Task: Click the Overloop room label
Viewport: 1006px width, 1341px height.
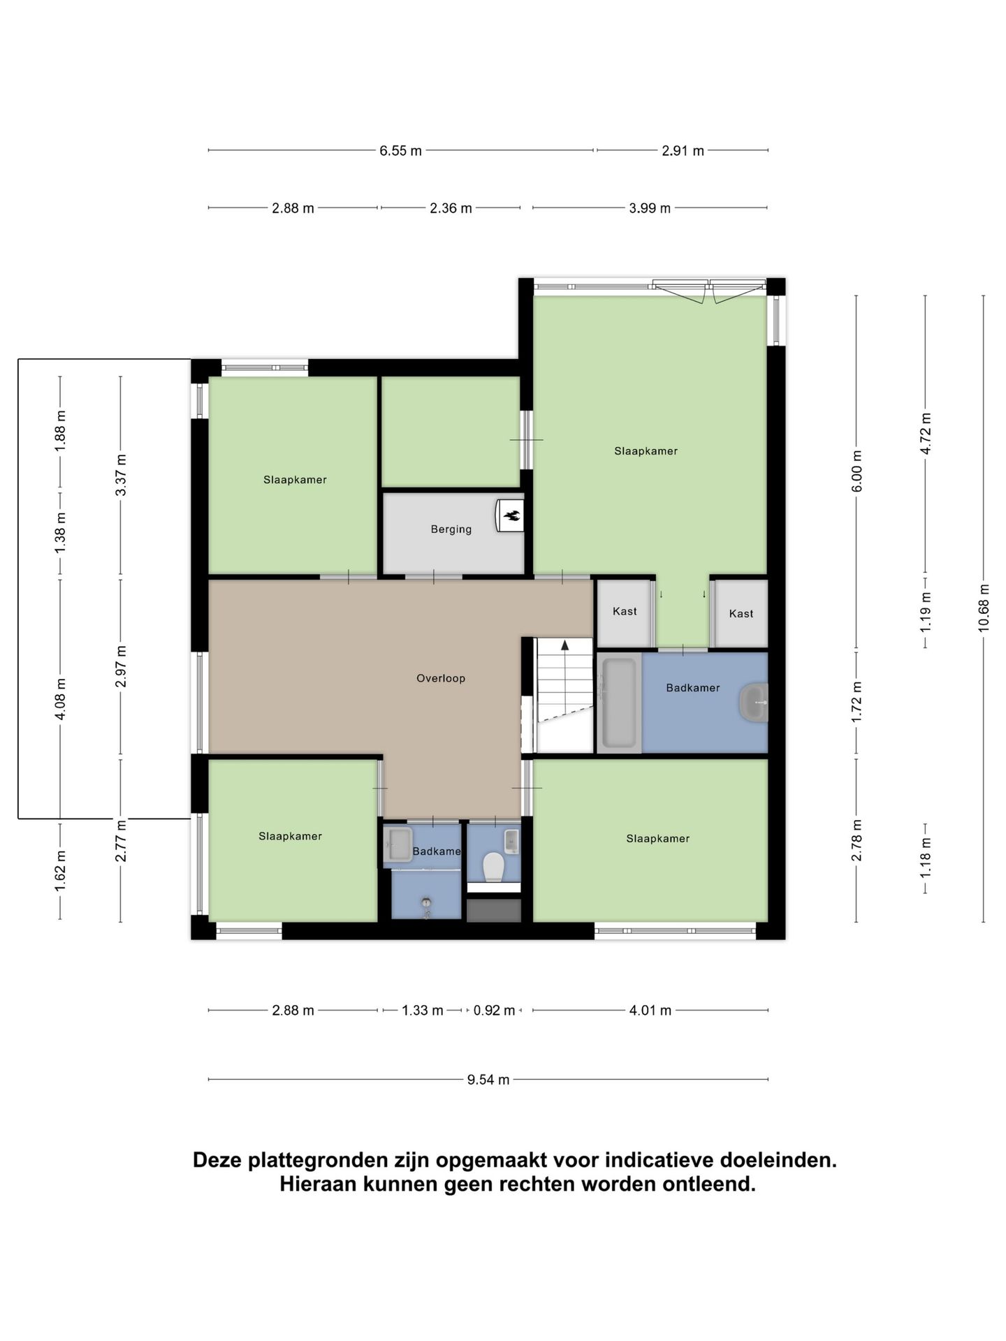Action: (440, 678)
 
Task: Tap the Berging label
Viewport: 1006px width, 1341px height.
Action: (451, 529)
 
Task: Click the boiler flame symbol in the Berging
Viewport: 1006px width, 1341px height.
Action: (511, 517)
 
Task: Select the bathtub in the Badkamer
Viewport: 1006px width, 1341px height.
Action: (619, 702)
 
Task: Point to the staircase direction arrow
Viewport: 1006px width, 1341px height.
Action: (564, 645)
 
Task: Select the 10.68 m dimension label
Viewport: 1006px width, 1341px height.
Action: (984, 608)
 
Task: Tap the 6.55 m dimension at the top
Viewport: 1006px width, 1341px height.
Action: (400, 151)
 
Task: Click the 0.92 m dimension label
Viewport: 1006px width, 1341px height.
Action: (494, 1011)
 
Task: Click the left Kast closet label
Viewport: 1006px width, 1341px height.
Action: (625, 611)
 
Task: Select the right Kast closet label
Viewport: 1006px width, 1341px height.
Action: (741, 614)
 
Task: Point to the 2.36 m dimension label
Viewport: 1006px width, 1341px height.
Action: (451, 208)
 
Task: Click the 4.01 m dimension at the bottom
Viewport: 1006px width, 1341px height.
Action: (650, 1011)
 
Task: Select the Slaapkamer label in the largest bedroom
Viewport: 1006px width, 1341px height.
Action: (646, 451)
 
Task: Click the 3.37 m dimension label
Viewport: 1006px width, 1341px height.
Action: (121, 475)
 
